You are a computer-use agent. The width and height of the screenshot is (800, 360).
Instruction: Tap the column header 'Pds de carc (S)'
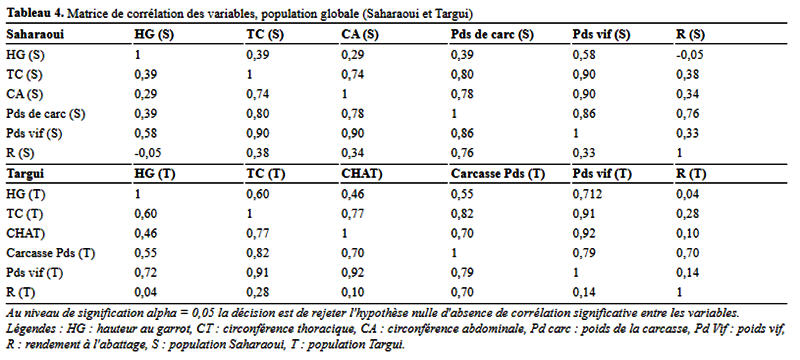pos(492,34)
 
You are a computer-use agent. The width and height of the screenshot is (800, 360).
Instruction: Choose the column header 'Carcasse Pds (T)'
pos(498,174)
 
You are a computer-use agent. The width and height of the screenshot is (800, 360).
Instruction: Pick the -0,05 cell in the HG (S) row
pos(690,54)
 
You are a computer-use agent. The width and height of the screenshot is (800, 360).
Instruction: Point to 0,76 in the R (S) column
pos(686,114)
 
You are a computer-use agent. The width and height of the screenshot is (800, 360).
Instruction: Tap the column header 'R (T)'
pos(691,174)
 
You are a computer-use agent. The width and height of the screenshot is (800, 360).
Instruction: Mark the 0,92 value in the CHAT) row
pos(584,233)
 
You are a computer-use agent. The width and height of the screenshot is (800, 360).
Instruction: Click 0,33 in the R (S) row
pos(584,153)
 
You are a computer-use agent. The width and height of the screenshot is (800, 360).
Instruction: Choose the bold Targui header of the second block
pos(25,174)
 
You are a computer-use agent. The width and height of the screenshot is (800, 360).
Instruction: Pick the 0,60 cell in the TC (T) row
pos(144,213)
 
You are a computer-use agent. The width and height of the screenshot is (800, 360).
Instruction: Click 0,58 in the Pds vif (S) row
pos(144,134)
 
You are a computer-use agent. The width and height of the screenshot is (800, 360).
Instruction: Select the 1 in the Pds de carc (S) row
pos(454,114)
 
